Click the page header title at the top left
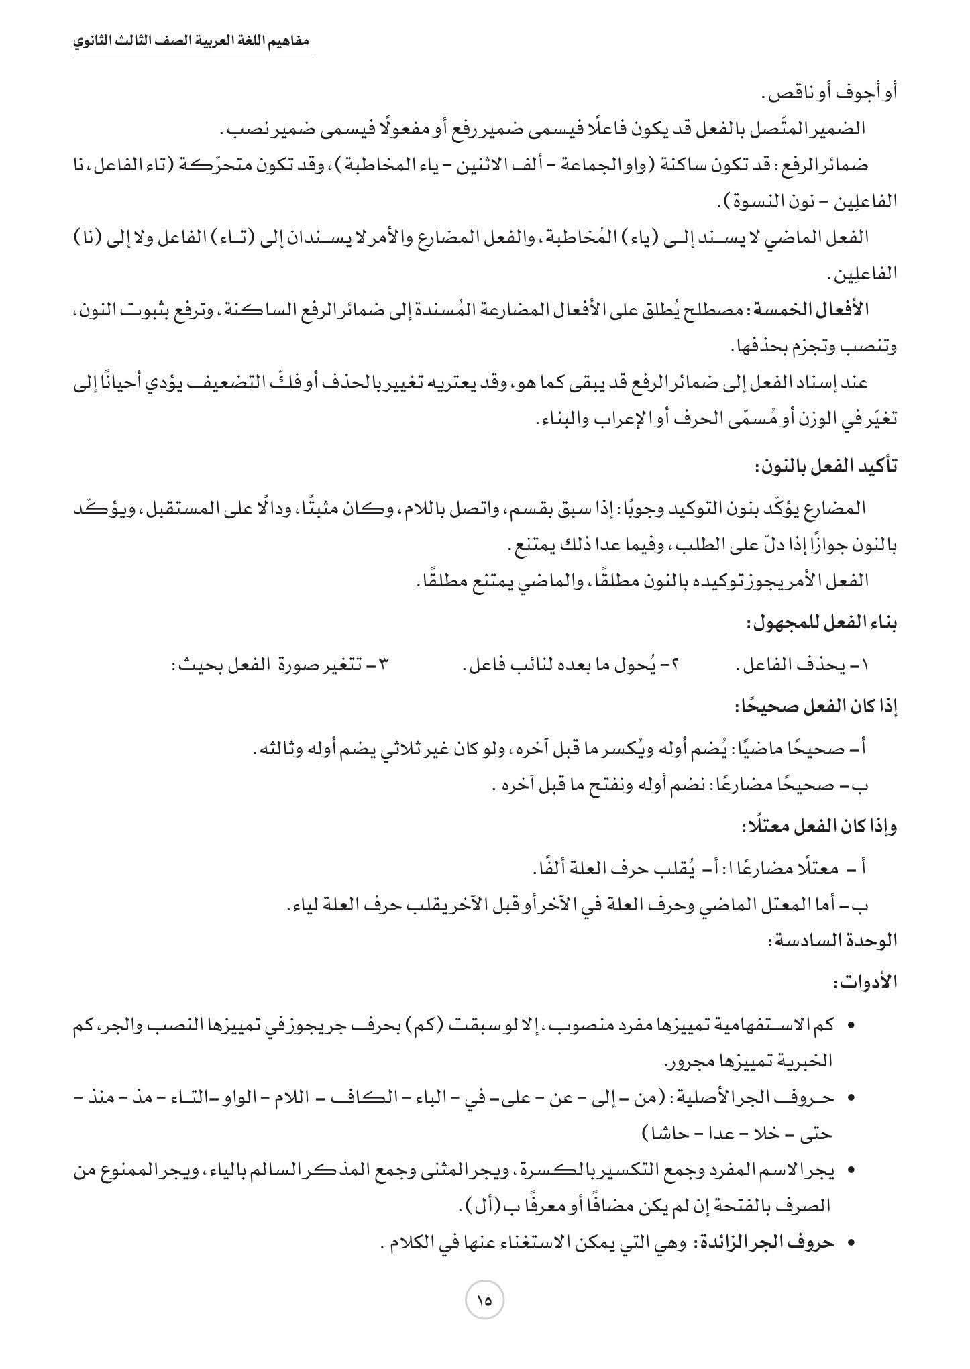tap(193, 41)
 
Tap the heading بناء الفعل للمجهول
tap(822, 624)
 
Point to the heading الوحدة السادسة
tap(832, 940)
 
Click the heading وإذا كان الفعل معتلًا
tap(819, 826)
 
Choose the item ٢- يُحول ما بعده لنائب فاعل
tap(571, 665)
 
